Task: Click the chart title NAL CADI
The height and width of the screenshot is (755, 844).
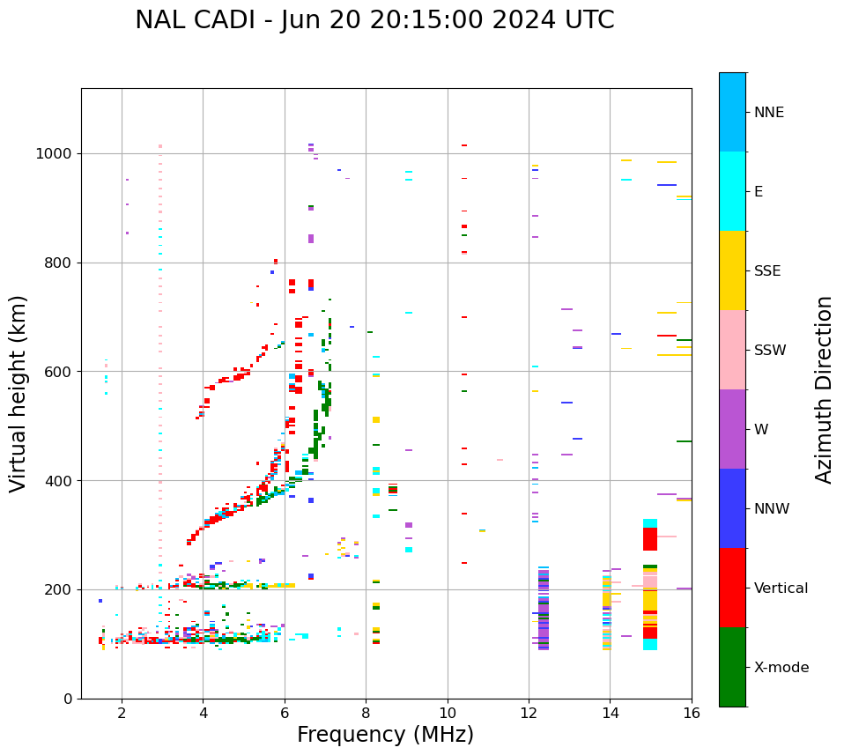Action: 374,20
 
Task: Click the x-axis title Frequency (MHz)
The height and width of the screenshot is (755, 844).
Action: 385,735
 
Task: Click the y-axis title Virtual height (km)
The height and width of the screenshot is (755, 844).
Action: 19,393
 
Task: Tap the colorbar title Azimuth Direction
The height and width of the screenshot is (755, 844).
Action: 824,389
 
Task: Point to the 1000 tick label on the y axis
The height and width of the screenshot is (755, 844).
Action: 56,154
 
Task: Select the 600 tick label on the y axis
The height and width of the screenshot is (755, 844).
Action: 59,372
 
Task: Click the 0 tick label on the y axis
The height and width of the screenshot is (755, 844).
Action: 69,699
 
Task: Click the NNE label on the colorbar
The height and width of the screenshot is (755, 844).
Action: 768,113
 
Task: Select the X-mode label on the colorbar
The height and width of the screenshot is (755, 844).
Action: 781,668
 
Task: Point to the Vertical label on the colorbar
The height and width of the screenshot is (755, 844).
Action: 781,588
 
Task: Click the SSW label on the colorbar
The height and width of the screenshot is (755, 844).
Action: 769,351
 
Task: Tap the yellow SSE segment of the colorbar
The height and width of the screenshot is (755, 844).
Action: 732,270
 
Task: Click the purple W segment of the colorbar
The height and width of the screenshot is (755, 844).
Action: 732,429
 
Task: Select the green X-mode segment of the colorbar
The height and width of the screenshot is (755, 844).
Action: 732,667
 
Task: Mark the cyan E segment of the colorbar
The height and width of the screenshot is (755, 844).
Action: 732,191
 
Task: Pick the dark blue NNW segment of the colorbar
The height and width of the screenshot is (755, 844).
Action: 732,508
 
